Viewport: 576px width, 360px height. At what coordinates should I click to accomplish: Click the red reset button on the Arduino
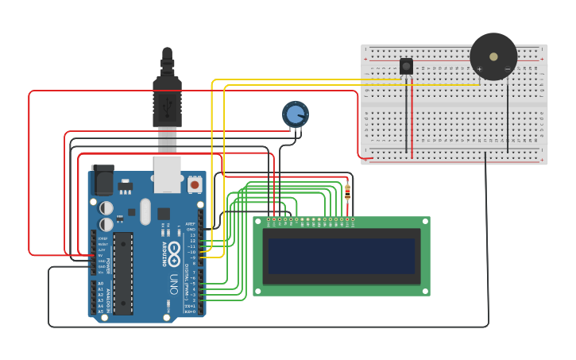195,184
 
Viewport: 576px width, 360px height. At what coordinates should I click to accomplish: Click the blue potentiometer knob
296,114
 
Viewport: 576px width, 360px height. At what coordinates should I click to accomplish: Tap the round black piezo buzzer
493,56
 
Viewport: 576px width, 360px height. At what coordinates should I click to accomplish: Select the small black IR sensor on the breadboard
406,66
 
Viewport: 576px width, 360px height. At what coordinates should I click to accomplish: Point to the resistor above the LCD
347,192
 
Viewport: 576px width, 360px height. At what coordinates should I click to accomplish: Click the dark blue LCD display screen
342,256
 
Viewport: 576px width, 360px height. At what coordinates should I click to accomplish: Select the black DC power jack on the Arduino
102,180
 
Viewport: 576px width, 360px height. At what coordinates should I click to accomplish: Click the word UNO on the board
174,283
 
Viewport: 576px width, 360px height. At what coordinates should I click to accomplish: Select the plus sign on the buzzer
479,69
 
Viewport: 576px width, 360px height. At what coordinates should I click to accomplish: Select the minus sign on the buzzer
508,69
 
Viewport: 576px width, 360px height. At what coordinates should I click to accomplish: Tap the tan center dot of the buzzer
493,56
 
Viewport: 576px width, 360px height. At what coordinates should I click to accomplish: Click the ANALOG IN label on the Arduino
107,298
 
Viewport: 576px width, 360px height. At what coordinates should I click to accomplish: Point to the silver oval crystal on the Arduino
145,211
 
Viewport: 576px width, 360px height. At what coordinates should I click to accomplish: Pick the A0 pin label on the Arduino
100,283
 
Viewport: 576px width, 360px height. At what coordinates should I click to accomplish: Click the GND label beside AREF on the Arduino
191,230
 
